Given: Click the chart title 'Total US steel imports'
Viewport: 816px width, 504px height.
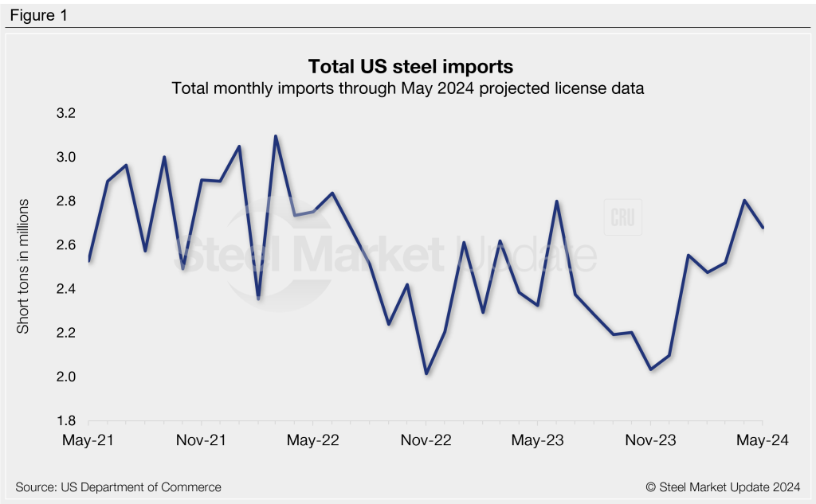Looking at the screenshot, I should coord(407,64).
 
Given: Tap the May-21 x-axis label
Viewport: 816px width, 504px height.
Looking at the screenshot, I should coord(88,440).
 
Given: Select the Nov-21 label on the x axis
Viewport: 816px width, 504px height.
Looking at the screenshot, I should coord(201,440).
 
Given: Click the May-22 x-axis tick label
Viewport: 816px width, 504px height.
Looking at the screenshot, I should coord(313,440).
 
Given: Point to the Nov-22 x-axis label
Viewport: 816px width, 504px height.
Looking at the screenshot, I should coord(426,440).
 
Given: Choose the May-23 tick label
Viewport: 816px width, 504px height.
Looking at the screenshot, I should coord(538,440).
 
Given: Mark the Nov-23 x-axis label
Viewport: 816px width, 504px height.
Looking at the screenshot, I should coord(651,440).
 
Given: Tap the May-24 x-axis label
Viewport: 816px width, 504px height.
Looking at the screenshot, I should coord(763,440).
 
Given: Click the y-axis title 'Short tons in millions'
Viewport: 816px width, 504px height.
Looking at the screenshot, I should coord(23,266).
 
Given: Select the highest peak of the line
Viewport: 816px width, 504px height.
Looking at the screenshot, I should coord(276,136).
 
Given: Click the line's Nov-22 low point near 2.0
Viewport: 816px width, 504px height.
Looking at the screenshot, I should coord(426,373).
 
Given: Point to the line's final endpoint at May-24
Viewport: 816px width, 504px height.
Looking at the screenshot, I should coord(763,228).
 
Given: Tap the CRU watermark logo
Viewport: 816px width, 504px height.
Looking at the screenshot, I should coord(622,218).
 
